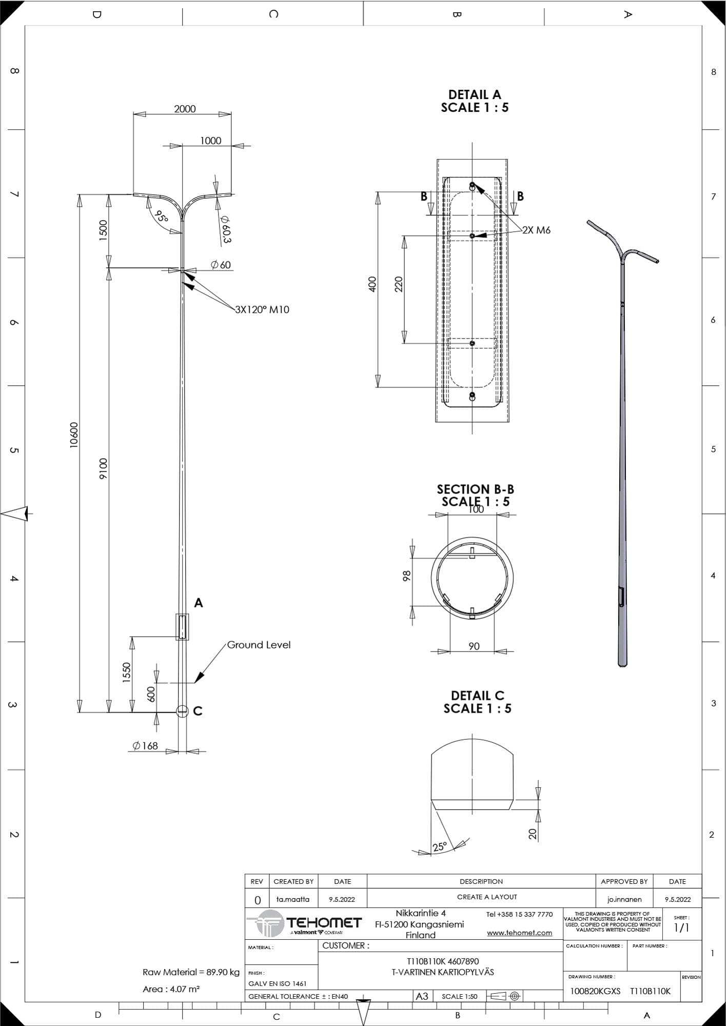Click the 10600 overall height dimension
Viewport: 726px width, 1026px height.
tap(74, 435)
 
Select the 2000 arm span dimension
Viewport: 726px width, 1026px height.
tap(185, 109)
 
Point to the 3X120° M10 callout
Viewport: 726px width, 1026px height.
tap(262, 309)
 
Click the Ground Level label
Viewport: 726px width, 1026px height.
tap(259, 645)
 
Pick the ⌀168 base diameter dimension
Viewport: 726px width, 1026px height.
tap(145, 746)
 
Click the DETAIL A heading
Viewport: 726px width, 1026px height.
tap(475, 94)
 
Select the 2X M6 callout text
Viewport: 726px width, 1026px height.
tap(536, 230)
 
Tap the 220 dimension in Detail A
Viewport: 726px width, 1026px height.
tap(399, 284)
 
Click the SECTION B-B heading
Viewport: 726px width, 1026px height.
tap(475, 489)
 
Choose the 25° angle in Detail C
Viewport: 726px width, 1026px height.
tap(440, 846)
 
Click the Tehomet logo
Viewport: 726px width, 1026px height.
tap(304, 924)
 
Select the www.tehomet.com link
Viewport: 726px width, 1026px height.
tap(519, 933)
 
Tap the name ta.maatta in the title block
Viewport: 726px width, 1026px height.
tap(293, 899)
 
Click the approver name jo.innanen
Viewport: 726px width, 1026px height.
tap(624, 899)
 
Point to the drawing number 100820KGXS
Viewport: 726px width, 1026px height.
tap(595, 991)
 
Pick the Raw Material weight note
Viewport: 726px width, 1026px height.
tap(191, 972)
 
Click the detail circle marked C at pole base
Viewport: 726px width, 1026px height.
tap(182, 711)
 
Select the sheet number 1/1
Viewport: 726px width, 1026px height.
tap(681, 928)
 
